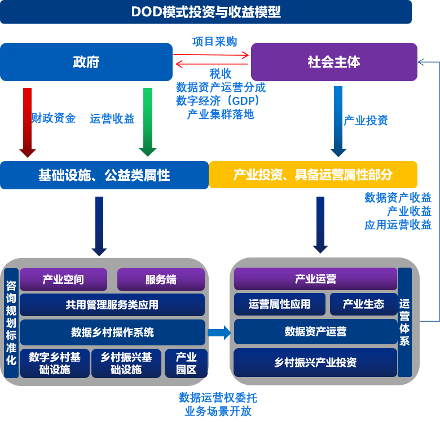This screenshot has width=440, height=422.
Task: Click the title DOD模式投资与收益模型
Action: (206, 12)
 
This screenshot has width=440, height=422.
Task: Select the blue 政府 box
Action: (86, 62)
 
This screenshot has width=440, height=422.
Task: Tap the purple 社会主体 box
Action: (334, 62)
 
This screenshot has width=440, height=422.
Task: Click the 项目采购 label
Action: (214, 42)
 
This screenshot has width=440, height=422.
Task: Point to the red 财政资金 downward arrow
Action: (28, 121)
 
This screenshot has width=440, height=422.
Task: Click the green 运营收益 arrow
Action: (148, 121)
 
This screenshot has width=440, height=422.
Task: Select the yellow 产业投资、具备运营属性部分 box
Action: (313, 175)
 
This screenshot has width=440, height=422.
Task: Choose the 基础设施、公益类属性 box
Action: (104, 175)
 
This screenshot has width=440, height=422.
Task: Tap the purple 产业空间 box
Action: (63, 279)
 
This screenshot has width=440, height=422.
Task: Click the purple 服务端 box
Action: (161, 279)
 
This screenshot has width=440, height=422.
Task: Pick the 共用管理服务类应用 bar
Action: (112, 305)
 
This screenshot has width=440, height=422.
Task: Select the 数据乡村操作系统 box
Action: (112, 332)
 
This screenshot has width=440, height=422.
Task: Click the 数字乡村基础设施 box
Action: (55, 363)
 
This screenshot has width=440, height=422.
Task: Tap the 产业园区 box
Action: (186, 363)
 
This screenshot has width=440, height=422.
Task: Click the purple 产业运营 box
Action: (315, 279)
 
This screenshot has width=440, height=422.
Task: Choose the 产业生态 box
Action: (363, 304)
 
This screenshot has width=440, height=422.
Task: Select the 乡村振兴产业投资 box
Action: (315, 362)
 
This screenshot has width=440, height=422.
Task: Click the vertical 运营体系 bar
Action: (404, 322)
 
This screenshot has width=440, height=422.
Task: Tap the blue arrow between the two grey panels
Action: (219, 332)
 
